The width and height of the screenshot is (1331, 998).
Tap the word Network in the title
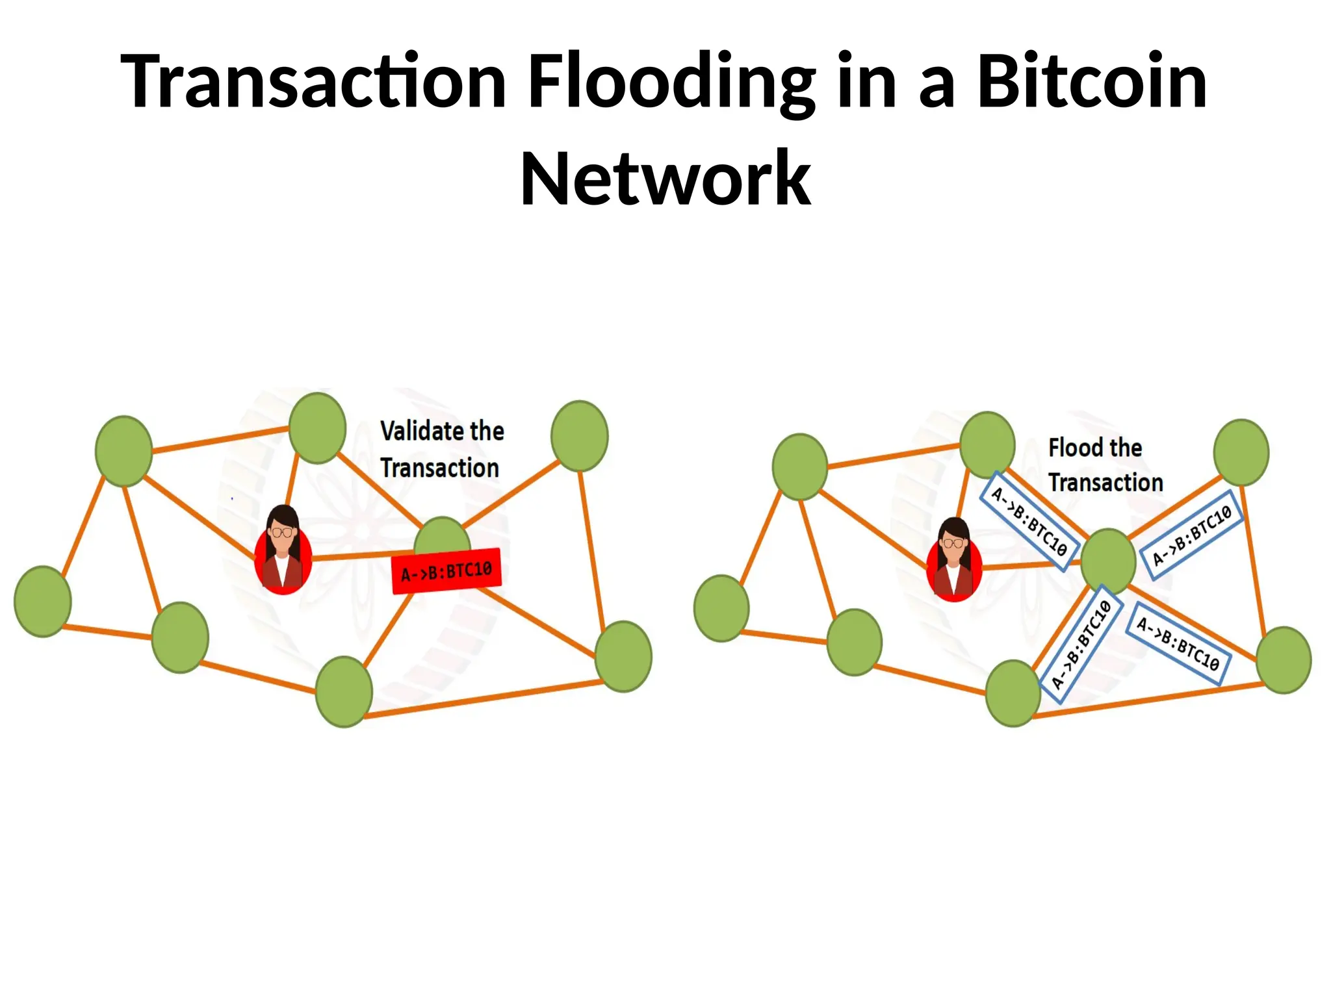pos(665,179)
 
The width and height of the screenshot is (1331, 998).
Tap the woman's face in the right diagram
pos(953,544)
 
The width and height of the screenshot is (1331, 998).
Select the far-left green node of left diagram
pos(43,601)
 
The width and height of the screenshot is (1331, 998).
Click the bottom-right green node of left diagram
pos(623,656)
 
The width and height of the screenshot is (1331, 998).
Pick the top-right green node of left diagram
pos(579,436)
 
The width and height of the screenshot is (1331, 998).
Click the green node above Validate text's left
pos(317,428)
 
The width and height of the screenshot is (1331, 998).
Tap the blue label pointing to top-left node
pos(1029,521)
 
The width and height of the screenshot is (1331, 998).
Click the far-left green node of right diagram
pos(721,608)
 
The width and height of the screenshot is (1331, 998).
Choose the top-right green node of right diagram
pos(1241,452)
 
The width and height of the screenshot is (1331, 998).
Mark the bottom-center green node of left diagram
pos(344,691)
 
